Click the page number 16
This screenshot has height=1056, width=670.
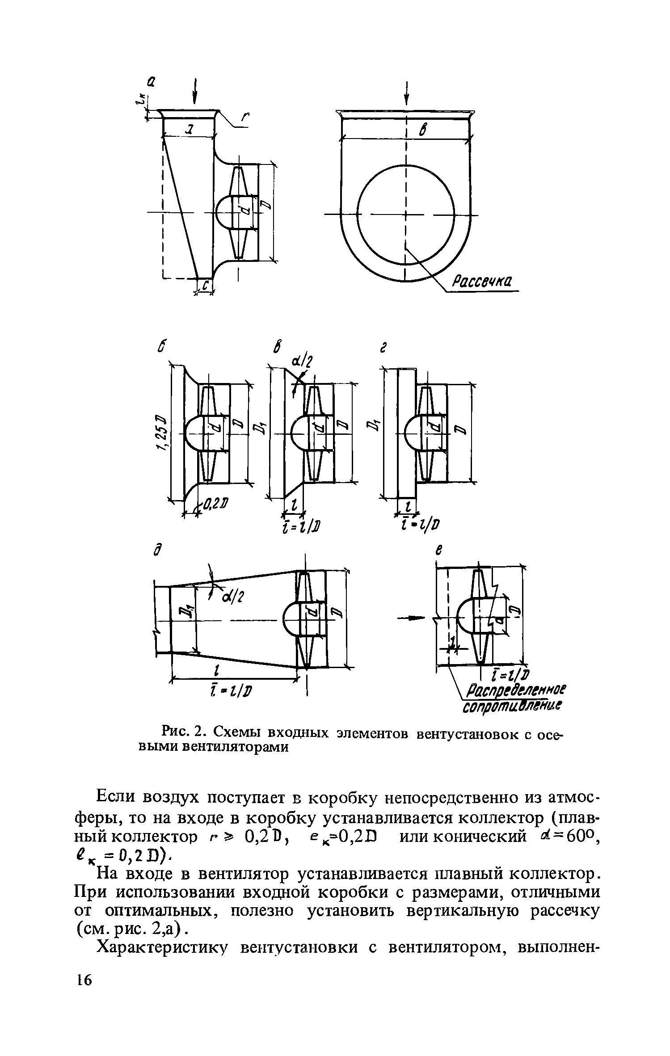point(84,1027)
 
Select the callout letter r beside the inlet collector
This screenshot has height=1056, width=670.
point(244,118)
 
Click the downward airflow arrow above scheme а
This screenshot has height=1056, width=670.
point(195,91)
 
